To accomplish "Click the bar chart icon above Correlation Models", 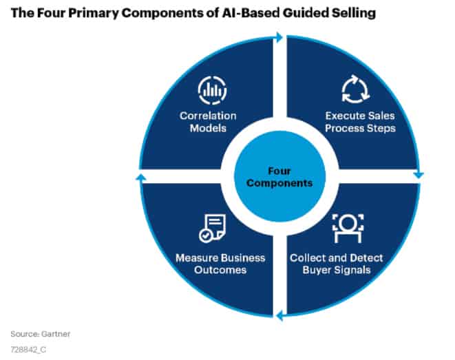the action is tap(212, 90).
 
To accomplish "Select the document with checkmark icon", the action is tap(213, 228).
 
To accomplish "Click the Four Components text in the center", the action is tap(279, 177).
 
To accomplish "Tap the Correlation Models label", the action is tap(208, 122).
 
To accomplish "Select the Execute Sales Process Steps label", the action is tap(360, 122).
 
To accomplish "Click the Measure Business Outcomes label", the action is tap(220, 264).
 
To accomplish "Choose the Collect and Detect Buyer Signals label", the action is tap(337, 264).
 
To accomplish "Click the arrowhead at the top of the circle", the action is tap(279, 37).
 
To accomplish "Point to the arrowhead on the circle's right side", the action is tap(419, 175).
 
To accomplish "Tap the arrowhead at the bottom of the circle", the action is tap(279, 315).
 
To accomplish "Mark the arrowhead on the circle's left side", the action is tap(141, 178).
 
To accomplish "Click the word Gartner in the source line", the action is tap(56, 334).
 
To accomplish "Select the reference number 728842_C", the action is tap(28, 349).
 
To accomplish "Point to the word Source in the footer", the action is tap(25, 334).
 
